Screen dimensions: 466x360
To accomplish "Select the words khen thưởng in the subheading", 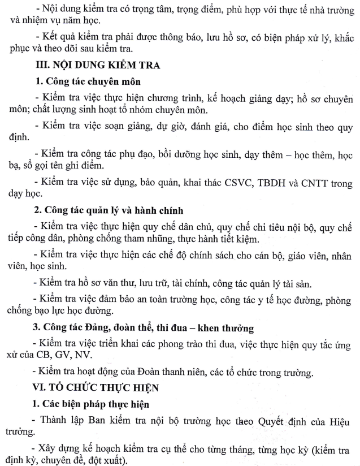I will [x=222, y=327].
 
